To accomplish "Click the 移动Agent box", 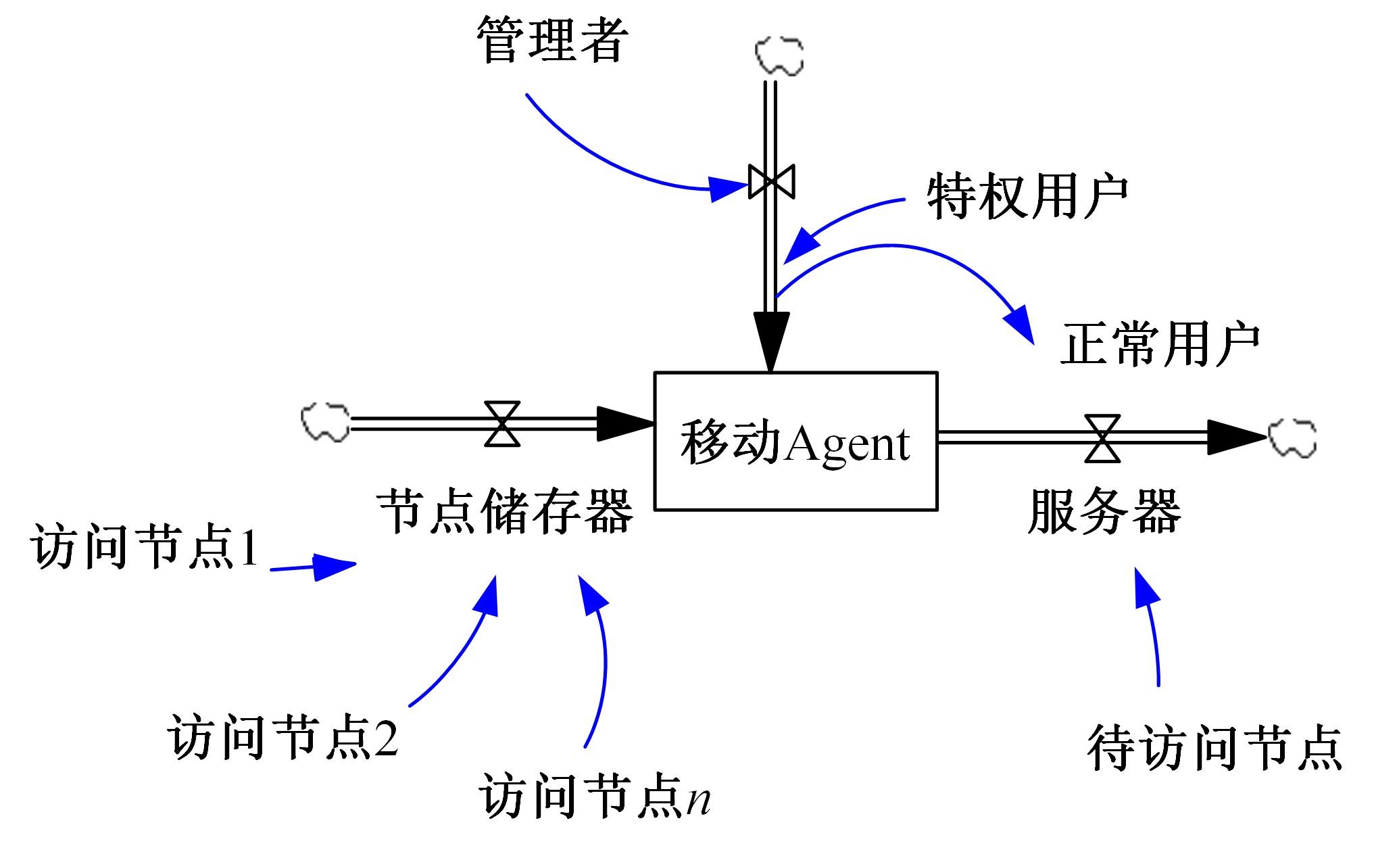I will tap(795, 441).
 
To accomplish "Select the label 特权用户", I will tap(1027, 196).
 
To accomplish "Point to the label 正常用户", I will tap(1160, 346).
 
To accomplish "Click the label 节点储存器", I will tap(506, 511).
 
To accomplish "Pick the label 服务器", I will tap(1104, 511).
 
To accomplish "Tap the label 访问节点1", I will tap(145, 546).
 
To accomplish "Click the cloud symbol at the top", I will tap(779, 56).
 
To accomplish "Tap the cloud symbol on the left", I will tap(326, 423).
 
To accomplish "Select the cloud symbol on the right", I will tap(1292, 437).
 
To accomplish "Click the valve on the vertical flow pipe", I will tap(771, 181).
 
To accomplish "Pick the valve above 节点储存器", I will tap(502, 424).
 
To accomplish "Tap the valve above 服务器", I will tap(1102, 438).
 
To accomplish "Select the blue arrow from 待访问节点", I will tap(1152, 629).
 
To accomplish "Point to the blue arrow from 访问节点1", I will tap(314, 566).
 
